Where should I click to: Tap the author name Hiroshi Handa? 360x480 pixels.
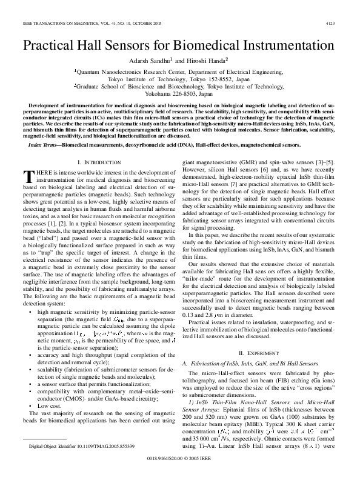point(205,61)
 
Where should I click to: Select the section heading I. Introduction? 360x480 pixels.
point(99,163)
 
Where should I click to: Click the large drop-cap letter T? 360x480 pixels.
point(28,176)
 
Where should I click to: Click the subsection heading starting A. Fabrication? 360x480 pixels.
point(253,363)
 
